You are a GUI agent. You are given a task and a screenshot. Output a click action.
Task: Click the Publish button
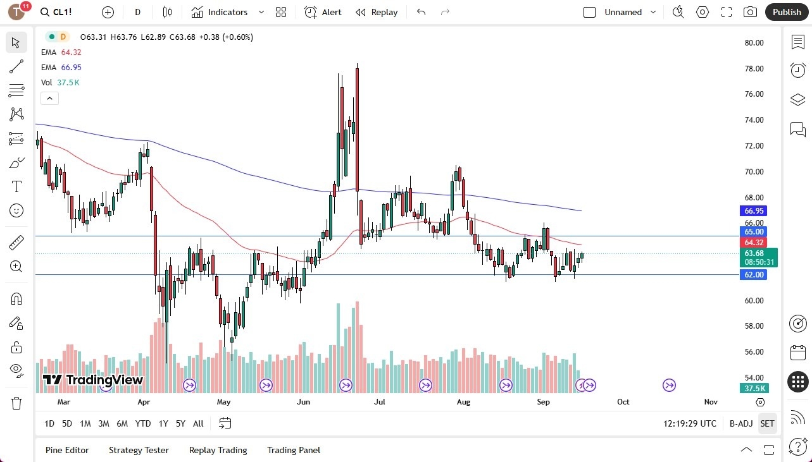coord(787,12)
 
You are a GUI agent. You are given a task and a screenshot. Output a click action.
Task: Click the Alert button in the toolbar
coord(323,12)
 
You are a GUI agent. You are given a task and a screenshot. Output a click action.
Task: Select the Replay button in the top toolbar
coord(377,12)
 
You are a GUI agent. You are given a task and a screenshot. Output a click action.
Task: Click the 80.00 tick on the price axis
coord(754,43)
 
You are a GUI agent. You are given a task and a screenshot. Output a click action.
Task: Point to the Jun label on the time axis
coord(303,402)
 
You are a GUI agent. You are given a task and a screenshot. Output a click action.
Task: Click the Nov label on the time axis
coord(710,402)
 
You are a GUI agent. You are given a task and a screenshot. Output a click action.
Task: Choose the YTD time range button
coord(143,423)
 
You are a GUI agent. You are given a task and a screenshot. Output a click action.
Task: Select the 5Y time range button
coord(180,423)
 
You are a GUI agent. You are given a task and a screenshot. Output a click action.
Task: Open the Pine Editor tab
coord(67,450)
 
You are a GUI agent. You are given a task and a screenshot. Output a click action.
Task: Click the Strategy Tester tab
coord(139,450)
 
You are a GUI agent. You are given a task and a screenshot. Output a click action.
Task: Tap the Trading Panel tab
coord(294,450)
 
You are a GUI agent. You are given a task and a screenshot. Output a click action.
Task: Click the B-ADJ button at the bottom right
coord(740,423)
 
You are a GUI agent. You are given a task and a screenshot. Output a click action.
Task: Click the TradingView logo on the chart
coord(93,380)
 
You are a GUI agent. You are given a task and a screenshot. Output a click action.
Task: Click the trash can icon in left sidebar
coord(16,403)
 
